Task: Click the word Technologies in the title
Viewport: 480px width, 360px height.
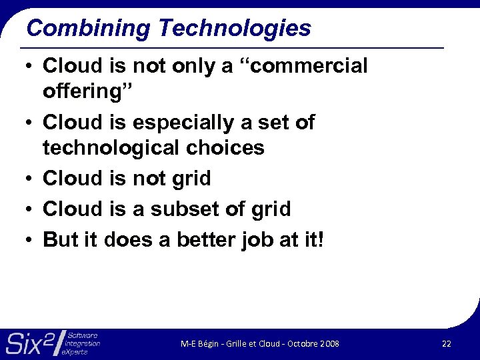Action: click(235, 29)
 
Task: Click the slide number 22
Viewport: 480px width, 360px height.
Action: click(447, 343)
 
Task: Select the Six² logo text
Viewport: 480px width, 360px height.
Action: click(30, 343)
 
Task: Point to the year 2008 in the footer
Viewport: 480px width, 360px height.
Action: click(329, 344)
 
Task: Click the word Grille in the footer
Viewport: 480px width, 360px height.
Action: click(235, 344)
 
